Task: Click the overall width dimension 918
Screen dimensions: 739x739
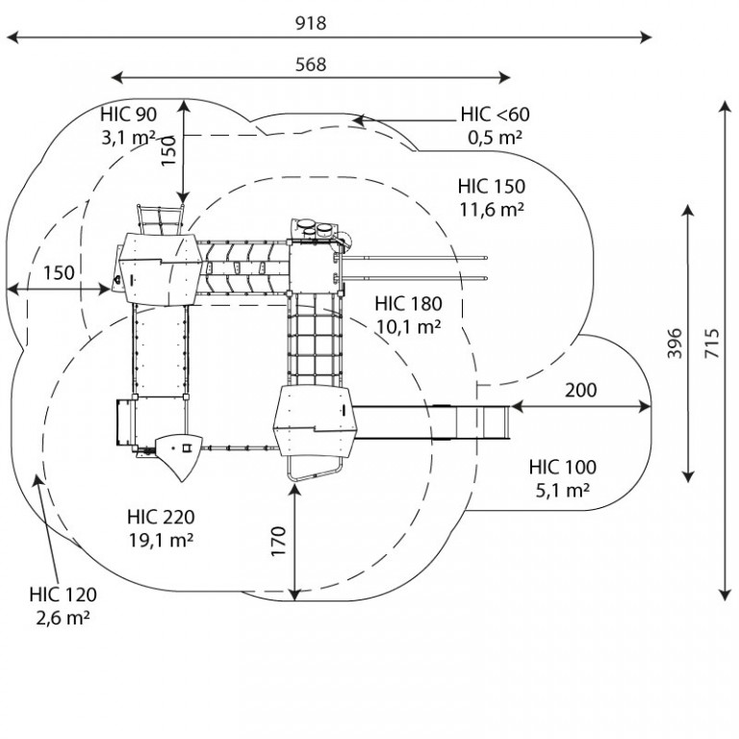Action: [311, 23]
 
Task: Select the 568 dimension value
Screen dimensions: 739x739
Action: [311, 64]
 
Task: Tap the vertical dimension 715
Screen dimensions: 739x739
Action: [713, 344]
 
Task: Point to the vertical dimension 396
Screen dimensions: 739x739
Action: [675, 344]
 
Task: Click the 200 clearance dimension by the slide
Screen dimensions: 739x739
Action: [580, 391]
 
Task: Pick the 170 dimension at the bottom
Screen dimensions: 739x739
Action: [279, 541]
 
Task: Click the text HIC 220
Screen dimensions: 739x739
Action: [161, 517]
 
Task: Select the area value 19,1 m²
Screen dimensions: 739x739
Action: [161, 540]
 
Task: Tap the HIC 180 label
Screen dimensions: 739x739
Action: [408, 304]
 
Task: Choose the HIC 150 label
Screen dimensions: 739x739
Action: [491, 186]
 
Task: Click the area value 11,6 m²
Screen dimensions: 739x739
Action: [491, 209]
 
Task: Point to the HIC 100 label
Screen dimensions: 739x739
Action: [562, 467]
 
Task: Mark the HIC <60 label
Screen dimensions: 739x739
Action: [495, 115]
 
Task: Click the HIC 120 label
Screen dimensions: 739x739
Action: [63, 595]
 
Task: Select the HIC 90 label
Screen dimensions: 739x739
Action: [128, 115]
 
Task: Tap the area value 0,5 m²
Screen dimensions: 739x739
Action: [495, 138]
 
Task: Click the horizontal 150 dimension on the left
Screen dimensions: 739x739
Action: [59, 273]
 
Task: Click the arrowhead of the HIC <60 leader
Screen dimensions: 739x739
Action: [358, 120]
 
